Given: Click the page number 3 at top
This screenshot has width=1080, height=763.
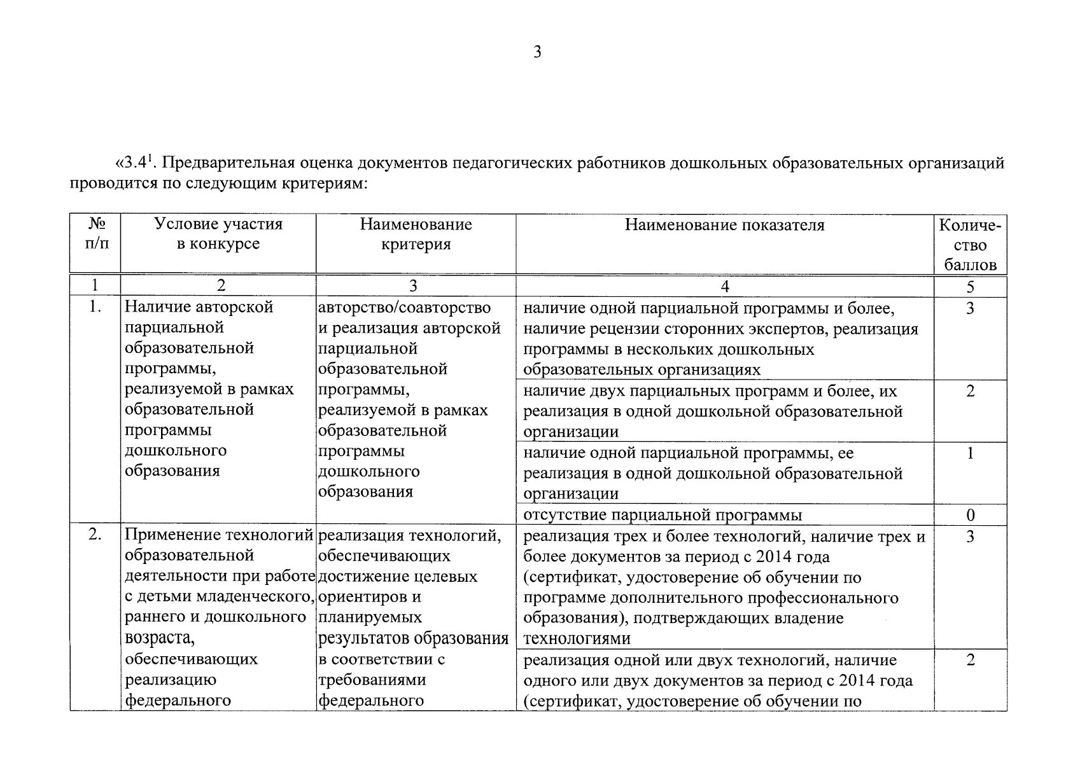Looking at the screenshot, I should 537,52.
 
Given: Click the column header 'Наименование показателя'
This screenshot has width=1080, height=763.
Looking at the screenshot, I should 724,225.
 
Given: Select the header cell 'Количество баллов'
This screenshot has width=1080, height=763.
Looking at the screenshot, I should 970,245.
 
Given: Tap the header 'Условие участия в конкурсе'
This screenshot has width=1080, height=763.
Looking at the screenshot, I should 218,234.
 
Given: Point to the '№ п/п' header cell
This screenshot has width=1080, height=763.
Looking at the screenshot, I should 96,234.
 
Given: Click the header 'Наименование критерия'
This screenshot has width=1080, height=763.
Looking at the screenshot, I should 416,234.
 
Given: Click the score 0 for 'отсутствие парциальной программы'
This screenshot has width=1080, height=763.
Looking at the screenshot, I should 970,514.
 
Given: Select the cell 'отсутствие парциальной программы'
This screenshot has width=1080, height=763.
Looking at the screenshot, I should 662,514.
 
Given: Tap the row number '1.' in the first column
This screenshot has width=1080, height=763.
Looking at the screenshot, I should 95,307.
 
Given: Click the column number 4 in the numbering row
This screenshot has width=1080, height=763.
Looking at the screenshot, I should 724,286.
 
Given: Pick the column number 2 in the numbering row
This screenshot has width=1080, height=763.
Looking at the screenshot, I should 221,286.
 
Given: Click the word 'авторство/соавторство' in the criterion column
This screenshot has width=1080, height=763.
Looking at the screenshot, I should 404,308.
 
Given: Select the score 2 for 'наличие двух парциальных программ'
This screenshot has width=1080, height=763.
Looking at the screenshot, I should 970,391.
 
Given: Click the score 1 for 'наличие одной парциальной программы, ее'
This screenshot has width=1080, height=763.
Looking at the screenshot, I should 970,453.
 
